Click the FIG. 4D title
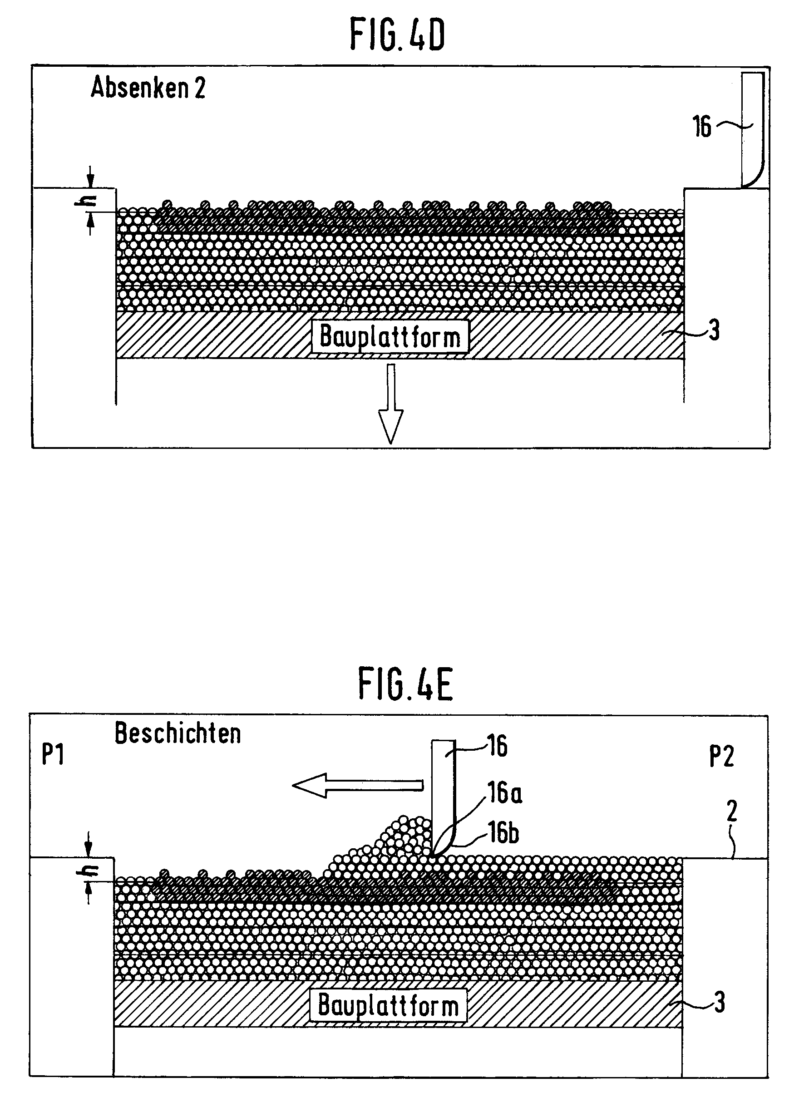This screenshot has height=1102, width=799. (x=397, y=35)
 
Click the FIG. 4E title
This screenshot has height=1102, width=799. (x=405, y=684)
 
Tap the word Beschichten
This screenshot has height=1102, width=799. (x=178, y=734)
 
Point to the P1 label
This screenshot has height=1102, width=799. (x=53, y=755)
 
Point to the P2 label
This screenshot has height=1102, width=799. (x=721, y=756)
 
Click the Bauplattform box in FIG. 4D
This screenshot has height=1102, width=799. (x=390, y=336)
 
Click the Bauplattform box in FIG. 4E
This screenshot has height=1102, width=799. (x=388, y=1005)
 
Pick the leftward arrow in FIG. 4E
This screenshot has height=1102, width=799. (x=357, y=785)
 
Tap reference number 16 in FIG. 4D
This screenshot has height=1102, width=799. (x=701, y=127)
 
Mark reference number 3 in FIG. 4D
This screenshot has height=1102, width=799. (x=714, y=331)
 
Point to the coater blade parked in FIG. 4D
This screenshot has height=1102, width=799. (x=752, y=130)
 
